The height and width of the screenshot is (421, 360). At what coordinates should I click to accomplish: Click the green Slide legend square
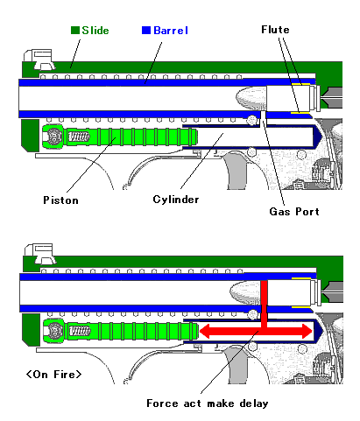75,31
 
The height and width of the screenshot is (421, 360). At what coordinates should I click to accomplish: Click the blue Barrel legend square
146,30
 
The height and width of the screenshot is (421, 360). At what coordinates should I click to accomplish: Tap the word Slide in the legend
95,31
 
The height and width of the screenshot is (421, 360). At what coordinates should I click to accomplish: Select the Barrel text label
171,31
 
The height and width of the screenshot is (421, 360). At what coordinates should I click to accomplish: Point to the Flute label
275,30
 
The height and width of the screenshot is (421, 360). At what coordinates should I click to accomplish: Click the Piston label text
60,200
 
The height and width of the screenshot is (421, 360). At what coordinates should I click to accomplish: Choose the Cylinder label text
176,200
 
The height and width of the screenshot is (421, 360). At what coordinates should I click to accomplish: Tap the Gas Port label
294,211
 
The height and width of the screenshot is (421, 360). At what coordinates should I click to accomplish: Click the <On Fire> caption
53,375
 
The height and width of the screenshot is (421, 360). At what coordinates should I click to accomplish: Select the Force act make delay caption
208,403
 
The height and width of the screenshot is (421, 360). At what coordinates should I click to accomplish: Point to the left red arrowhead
204,332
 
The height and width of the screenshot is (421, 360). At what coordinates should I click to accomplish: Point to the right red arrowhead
307,332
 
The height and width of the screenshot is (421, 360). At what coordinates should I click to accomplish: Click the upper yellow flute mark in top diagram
300,84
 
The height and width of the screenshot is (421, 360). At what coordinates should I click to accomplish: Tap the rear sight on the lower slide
40,254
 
